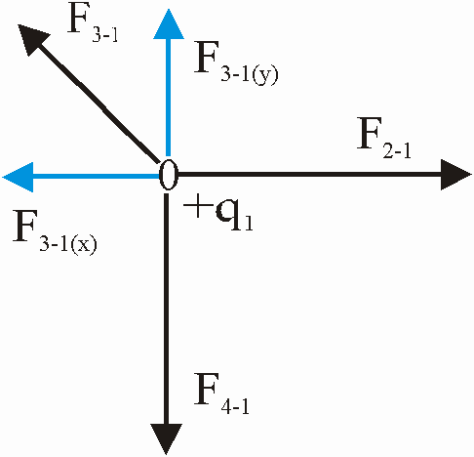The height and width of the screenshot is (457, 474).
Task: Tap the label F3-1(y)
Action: click(236, 63)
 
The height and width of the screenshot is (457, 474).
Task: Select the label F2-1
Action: click(384, 138)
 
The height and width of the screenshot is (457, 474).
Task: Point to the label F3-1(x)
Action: click(55, 230)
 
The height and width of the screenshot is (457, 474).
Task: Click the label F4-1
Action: click(221, 394)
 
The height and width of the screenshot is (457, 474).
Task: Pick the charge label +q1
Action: click(218, 214)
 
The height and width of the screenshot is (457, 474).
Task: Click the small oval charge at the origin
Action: click(168, 175)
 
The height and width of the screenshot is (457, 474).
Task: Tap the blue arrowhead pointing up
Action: click(169, 24)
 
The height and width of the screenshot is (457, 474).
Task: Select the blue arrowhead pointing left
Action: click(19, 177)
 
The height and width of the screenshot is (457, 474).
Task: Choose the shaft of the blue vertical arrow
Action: click(168, 98)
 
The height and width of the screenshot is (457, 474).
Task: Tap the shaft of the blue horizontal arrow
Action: click(96, 177)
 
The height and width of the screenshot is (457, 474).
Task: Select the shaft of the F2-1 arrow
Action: click(309, 175)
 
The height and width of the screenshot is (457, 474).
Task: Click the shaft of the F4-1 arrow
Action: click(167, 309)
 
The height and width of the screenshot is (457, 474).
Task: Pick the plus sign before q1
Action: click(196, 208)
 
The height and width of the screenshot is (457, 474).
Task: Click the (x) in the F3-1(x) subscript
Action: click(84, 245)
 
